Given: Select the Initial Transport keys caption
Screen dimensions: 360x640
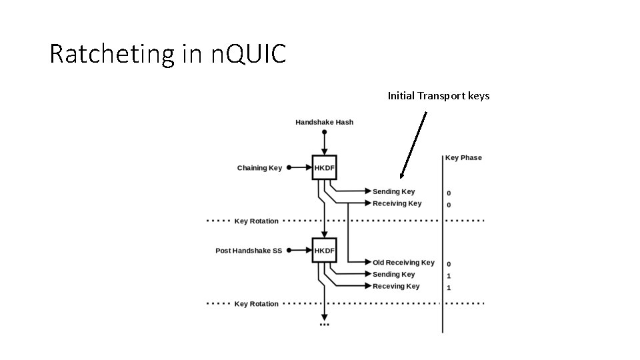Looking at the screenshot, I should [x=438, y=96].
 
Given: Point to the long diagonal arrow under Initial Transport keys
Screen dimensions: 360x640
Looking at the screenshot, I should [x=413, y=145].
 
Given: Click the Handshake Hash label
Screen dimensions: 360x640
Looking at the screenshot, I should [x=324, y=122].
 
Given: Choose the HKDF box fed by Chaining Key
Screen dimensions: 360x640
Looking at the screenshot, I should [x=324, y=168].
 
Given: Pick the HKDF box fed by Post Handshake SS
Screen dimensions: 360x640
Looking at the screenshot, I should [x=324, y=251].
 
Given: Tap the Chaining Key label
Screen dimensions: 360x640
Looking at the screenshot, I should [x=259, y=168].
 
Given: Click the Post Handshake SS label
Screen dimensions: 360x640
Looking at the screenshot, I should [x=249, y=251].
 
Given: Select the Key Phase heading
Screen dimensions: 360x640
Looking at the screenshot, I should [x=463, y=158].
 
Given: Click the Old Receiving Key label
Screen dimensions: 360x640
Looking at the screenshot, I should [x=403, y=263].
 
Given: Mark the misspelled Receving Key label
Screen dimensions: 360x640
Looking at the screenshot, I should [x=396, y=286].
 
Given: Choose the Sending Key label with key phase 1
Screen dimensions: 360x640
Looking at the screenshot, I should [x=393, y=274].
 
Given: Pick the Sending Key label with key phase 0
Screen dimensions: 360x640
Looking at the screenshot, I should [x=393, y=191].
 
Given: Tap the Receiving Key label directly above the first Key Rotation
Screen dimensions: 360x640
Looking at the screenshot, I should [x=397, y=203].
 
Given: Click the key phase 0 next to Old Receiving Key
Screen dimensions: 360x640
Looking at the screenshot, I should [x=449, y=264].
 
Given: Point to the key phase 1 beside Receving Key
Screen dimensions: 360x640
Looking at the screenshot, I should [x=449, y=287].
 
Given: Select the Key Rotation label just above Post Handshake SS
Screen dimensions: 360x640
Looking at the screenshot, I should [x=256, y=221].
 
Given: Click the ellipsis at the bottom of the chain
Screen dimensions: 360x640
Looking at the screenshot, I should [x=324, y=325].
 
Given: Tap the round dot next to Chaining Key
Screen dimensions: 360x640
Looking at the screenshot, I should [x=289, y=168].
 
